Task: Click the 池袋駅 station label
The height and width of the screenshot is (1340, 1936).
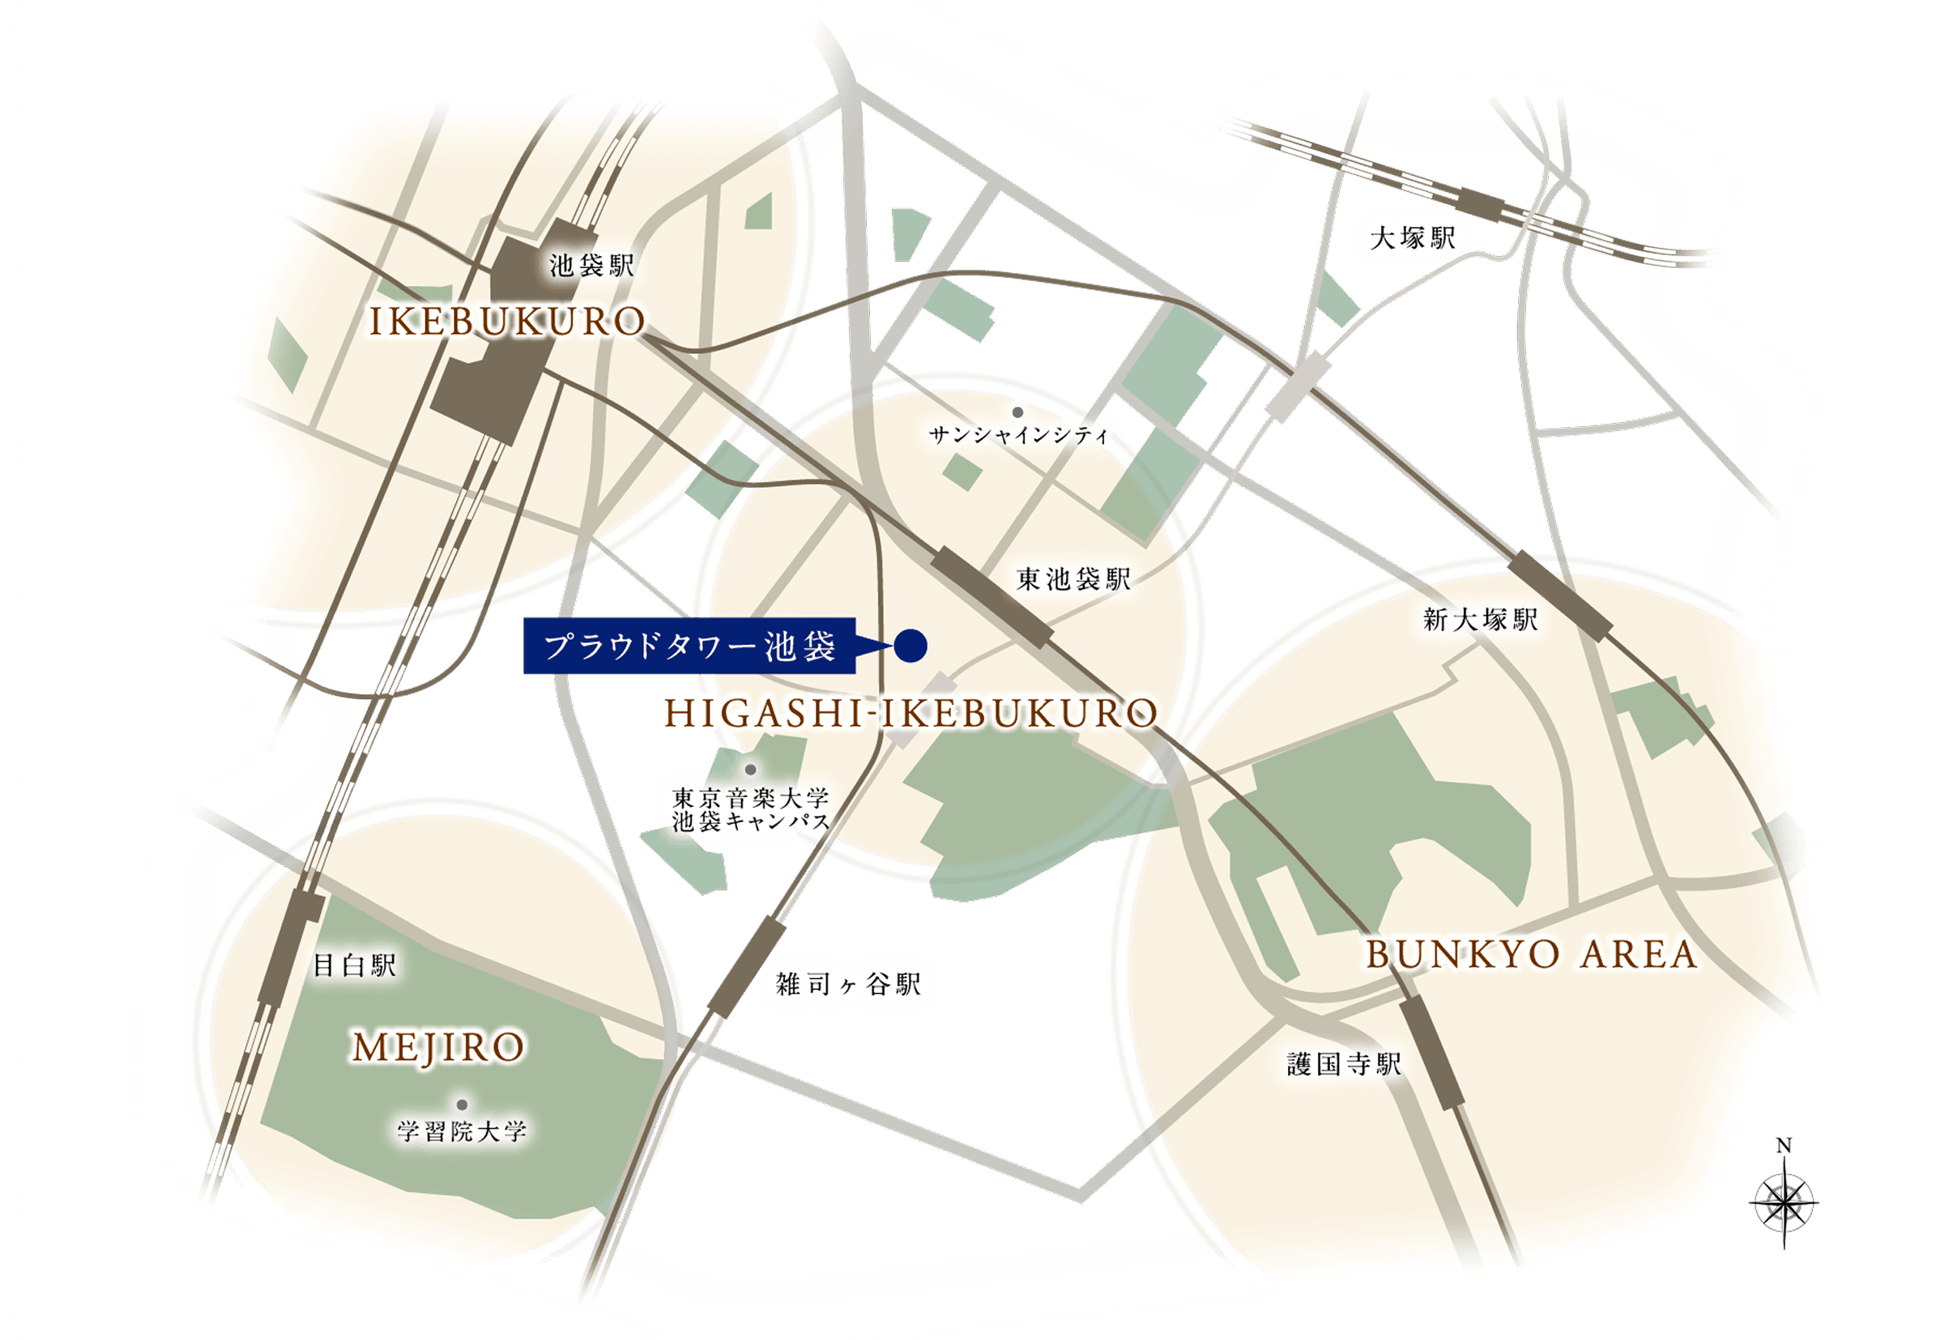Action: point(591,267)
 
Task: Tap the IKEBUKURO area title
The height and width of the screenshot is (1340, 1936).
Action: point(507,322)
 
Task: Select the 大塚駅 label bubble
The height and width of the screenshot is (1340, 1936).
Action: point(1412,238)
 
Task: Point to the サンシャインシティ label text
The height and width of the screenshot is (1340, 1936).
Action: point(1018,435)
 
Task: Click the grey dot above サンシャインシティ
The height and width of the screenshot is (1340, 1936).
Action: point(1017,412)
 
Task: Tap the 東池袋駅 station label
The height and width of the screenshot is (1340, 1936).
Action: point(1073,578)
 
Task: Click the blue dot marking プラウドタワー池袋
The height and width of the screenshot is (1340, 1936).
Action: point(911,646)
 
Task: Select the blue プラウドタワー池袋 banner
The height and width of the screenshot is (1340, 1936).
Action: point(689,647)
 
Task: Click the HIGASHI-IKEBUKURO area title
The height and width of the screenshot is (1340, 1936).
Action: point(910,715)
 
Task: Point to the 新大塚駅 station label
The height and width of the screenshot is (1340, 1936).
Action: point(1480,621)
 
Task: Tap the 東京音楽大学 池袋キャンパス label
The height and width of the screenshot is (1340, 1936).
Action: point(750,809)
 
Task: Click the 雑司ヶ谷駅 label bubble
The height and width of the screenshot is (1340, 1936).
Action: point(847,984)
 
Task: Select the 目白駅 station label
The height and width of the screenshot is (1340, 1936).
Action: point(353,965)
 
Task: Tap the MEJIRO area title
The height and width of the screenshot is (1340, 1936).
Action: point(438,1048)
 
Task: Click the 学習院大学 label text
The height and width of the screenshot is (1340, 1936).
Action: point(462,1131)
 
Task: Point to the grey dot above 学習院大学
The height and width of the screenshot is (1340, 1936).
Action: point(461,1104)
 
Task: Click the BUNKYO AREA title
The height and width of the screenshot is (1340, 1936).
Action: point(1530,955)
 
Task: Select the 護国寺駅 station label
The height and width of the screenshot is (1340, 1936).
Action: point(1343,1065)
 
